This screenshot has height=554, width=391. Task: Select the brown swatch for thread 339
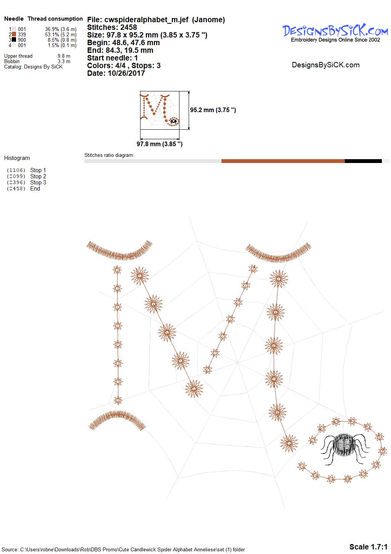pyautogui.click(x=14, y=34)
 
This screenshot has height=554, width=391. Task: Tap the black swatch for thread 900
pyautogui.click(x=14, y=39)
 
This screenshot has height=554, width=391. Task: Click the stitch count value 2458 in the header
pyautogui.click(x=128, y=27)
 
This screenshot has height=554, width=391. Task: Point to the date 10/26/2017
pyautogui.click(x=126, y=73)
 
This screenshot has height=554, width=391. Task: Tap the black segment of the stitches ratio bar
pyautogui.click(x=363, y=161)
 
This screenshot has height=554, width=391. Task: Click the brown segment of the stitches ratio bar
pyautogui.click(x=283, y=161)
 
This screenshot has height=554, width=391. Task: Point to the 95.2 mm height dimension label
pyautogui.click(x=213, y=110)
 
